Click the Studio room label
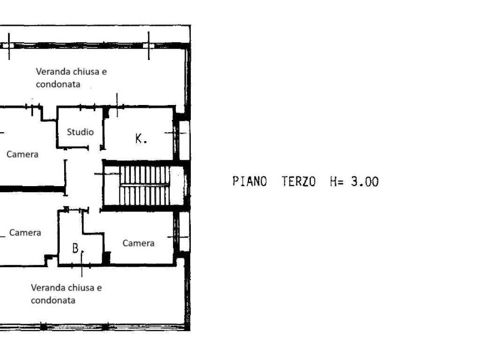pos(80,132)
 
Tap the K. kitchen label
pos(141,138)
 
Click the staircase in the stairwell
pos(144,185)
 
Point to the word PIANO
pos(249,181)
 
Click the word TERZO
pos(299,181)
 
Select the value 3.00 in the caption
pos(365,181)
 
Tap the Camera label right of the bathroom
pos(138,243)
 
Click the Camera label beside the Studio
pos(22,154)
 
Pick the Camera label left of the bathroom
pos(25,232)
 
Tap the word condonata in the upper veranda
pos(58,84)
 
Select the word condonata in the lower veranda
pos(53,300)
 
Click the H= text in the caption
pos(337,181)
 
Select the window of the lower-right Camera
pos(184,231)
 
